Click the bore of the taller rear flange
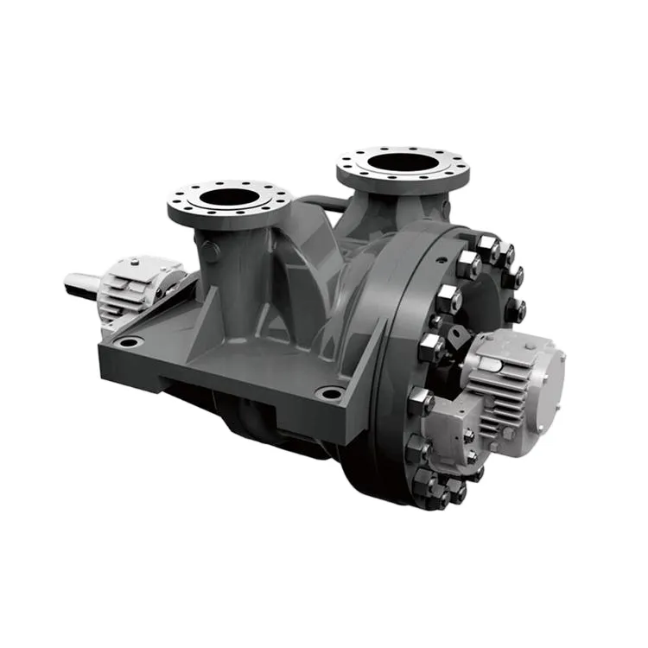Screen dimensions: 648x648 click(402, 162)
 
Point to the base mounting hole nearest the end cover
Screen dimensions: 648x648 click(329, 393)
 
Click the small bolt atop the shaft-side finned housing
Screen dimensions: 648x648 click(135, 260)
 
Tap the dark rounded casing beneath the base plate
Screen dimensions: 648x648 click(259, 423)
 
